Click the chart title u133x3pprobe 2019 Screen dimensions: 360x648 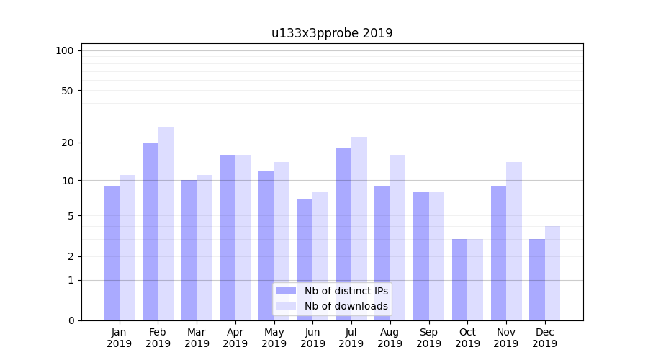pos(332,33)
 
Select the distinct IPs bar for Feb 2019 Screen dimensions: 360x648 pos(150,231)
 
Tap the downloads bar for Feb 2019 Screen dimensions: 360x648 pos(166,224)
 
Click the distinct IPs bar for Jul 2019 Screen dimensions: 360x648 pos(343,234)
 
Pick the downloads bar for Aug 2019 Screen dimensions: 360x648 pos(397,238)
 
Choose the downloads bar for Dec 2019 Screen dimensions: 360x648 pos(552,273)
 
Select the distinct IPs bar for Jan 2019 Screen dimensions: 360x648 pos(112,253)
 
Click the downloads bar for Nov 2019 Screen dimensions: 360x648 pos(513,241)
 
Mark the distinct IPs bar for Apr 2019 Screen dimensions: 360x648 pos(228,238)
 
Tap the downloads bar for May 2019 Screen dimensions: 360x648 pos(282,241)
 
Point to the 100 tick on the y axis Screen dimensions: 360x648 pos(65,50)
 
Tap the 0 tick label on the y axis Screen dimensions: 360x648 pos(71,320)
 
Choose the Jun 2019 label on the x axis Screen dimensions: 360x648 pos(312,338)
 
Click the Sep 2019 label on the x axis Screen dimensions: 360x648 pos(428,338)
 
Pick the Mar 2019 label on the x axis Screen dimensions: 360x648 pos(197,338)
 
